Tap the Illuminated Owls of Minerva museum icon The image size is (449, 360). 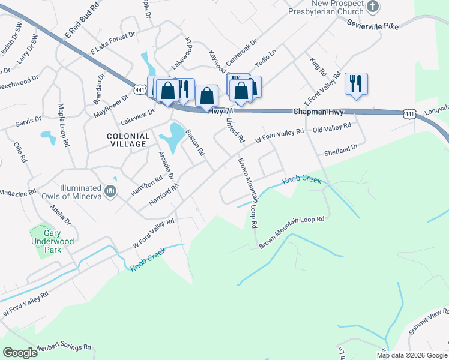pos(110,191)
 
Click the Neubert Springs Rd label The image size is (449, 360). pos(63,347)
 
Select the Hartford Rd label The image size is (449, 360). pos(164,196)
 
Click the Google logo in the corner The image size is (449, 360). pos(20,352)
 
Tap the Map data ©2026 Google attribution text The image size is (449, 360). pos(411,355)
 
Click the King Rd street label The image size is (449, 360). pos(318,67)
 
